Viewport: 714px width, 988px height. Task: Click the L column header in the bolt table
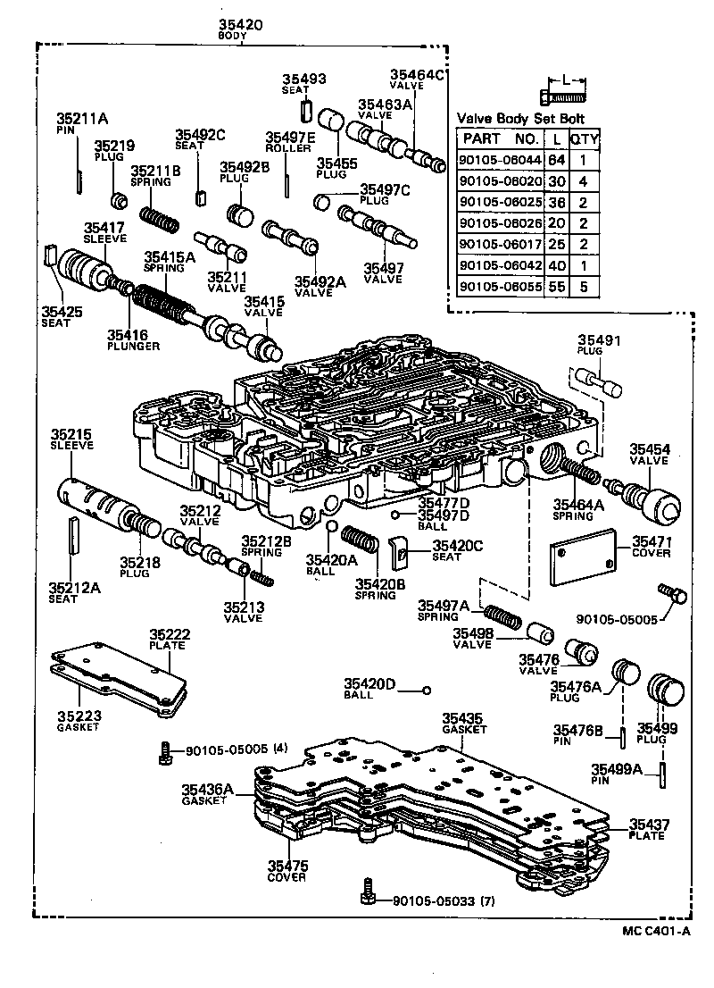coord(556,138)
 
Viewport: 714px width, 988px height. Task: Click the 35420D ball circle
coord(427,690)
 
